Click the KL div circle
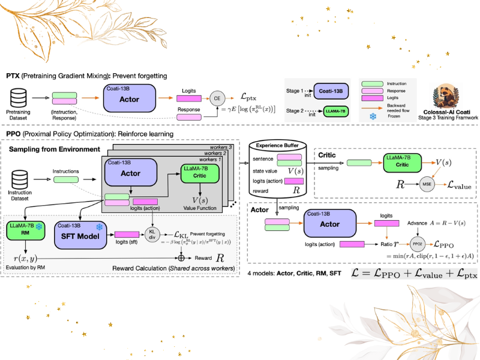[x=152, y=234]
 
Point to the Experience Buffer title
[x=278, y=145]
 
